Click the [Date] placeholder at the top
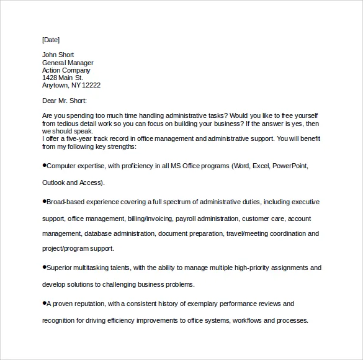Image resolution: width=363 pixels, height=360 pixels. click(x=51, y=40)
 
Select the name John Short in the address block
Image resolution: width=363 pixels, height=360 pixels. click(x=58, y=55)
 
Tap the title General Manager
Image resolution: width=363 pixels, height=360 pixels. click(x=68, y=63)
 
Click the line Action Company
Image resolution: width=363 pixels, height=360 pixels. click(x=67, y=70)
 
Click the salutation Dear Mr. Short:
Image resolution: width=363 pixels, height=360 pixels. click(x=65, y=101)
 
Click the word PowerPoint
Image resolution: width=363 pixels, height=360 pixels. click(x=290, y=166)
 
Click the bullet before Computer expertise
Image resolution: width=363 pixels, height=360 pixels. click(x=44, y=166)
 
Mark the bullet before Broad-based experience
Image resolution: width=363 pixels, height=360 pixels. click(x=44, y=201)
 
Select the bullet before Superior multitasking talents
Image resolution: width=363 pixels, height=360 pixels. click(x=44, y=267)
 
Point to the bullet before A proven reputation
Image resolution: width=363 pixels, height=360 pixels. click(x=44, y=303)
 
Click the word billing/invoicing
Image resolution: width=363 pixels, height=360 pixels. click(x=150, y=218)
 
